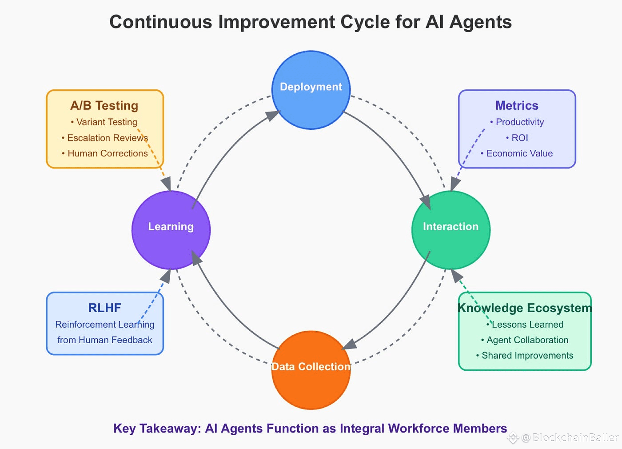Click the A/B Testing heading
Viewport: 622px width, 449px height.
(104, 105)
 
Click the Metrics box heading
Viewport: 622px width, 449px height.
(517, 105)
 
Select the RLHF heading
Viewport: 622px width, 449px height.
(104, 308)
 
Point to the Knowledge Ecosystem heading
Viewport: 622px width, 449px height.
(525, 308)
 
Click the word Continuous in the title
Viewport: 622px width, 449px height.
(161, 22)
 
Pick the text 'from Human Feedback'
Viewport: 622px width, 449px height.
(104, 340)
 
